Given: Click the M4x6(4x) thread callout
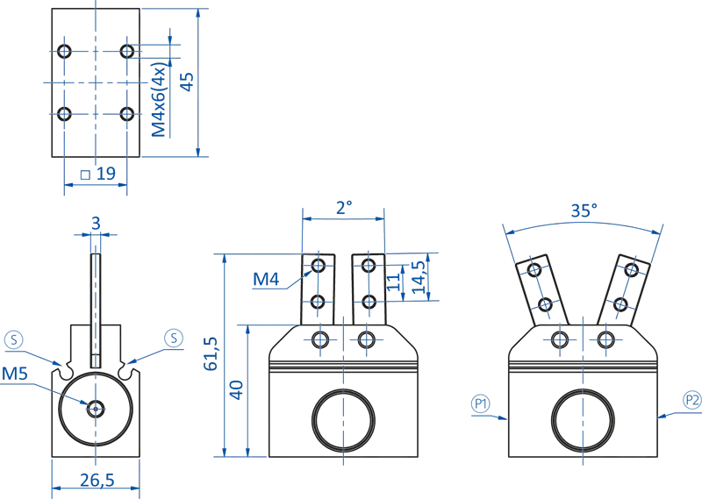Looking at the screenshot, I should pos(159,98).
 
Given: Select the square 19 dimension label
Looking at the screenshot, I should pos(98,174).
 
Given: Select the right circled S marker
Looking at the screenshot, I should pos(174,338).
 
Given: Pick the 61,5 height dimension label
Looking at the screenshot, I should pos(211,353).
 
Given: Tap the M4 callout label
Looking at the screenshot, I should pos(266,279).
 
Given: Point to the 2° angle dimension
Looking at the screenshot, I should pos(344,208).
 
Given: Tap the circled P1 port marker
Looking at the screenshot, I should pos(480,403).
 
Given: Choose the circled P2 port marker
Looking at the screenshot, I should pos(691,401).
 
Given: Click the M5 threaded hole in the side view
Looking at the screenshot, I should pos(95,406).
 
